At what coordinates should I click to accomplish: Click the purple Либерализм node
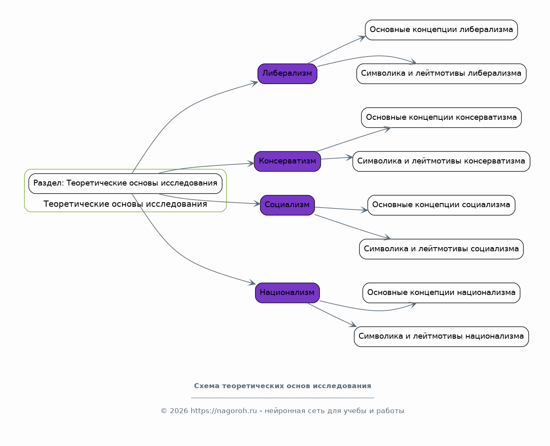pyautogui.click(x=287, y=74)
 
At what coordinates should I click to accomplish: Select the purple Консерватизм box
pyautogui.click(x=287, y=161)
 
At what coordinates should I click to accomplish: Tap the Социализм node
pyautogui.click(x=287, y=205)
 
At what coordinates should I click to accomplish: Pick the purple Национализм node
pyautogui.click(x=287, y=292)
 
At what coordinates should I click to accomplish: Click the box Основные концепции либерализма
pyautogui.click(x=441, y=30)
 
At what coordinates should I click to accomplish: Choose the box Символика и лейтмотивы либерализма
pyautogui.click(x=441, y=74)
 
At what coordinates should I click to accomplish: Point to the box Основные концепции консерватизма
pyautogui.click(x=441, y=117)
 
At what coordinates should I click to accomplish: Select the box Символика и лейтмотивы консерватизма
pyautogui.click(x=441, y=161)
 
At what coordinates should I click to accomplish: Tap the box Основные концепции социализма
pyautogui.click(x=441, y=205)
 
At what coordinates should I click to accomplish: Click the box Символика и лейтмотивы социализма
pyautogui.click(x=441, y=249)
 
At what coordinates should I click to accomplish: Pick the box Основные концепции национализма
pyautogui.click(x=441, y=292)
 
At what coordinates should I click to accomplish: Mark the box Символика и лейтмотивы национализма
pyautogui.click(x=441, y=337)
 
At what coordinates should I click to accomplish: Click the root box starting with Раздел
pyautogui.click(x=125, y=183)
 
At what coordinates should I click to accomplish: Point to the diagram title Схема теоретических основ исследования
pyautogui.click(x=282, y=386)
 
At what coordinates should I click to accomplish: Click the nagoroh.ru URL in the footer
pyautogui.click(x=223, y=411)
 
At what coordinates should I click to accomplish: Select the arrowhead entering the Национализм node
pyautogui.click(x=252, y=282)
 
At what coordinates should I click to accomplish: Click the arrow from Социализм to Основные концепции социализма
pyautogui.click(x=341, y=209)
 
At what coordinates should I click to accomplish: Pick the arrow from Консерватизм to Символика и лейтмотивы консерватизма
pyautogui.click(x=337, y=158)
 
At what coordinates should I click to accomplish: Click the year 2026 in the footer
pyautogui.click(x=179, y=411)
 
